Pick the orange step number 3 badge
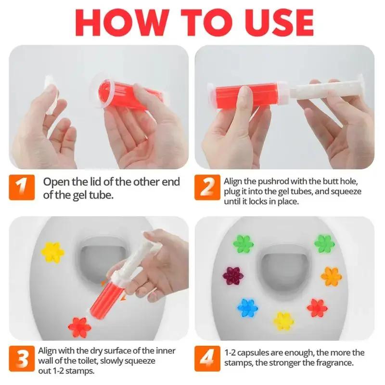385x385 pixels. click(x=22, y=358)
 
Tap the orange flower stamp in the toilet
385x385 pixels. click(x=330, y=276)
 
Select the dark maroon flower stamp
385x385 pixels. click(x=233, y=276)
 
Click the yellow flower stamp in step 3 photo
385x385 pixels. click(x=53, y=251)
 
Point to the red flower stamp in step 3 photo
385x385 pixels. click(x=79, y=327)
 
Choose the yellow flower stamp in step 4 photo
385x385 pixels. click(x=283, y=321)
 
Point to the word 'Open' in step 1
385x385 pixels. click(x=56, y=182)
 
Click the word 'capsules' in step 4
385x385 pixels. click(x=252, y=353)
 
